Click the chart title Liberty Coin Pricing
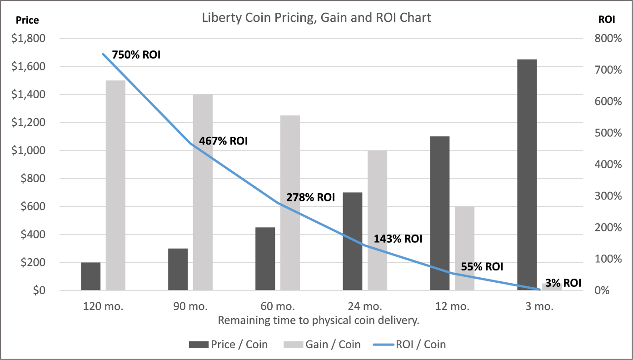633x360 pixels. [316, 18]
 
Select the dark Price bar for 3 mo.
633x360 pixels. [527, 175]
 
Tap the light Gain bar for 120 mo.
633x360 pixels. [115, 185]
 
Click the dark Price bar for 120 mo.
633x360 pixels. [91, 276]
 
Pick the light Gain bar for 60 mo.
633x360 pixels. [290, 203]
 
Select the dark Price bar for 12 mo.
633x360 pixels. [439, 213]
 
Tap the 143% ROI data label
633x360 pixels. [398, 239]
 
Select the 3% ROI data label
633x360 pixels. [563, 283]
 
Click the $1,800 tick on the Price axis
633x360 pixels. [29, 39]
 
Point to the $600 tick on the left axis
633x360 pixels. [33, 207]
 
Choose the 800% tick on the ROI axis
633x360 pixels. [608, 39]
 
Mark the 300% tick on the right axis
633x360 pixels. [608, 196]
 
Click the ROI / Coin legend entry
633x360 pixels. [409, 345]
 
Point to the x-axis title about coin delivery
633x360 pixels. [318, 320]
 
